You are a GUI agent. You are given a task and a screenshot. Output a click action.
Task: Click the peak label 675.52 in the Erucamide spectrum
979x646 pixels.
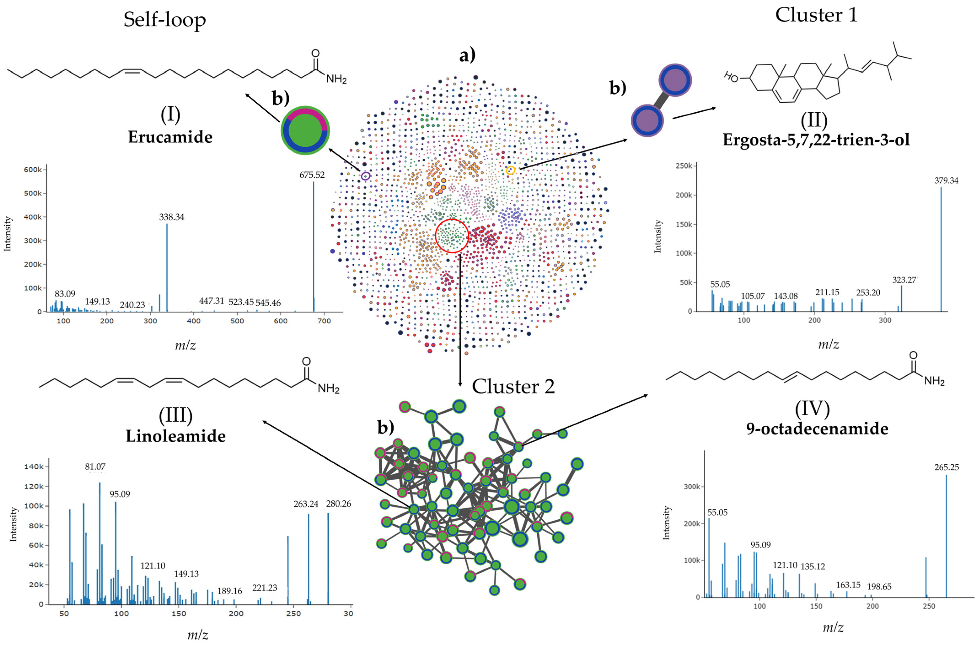(x=312, y=175)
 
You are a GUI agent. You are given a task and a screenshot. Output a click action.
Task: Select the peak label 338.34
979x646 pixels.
(x=172, y=217)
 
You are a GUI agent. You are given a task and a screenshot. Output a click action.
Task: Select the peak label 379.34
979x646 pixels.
(x=946, y=180)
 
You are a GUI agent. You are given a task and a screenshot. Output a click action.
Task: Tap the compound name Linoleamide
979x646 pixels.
(x=176, y=436)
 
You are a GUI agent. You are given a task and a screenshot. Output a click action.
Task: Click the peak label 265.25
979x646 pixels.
(x=947, y=467)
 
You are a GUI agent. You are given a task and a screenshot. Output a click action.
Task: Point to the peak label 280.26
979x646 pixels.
(x=338, y=504)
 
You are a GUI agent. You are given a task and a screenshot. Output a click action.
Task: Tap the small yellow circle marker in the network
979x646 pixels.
(x=510, y=170)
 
